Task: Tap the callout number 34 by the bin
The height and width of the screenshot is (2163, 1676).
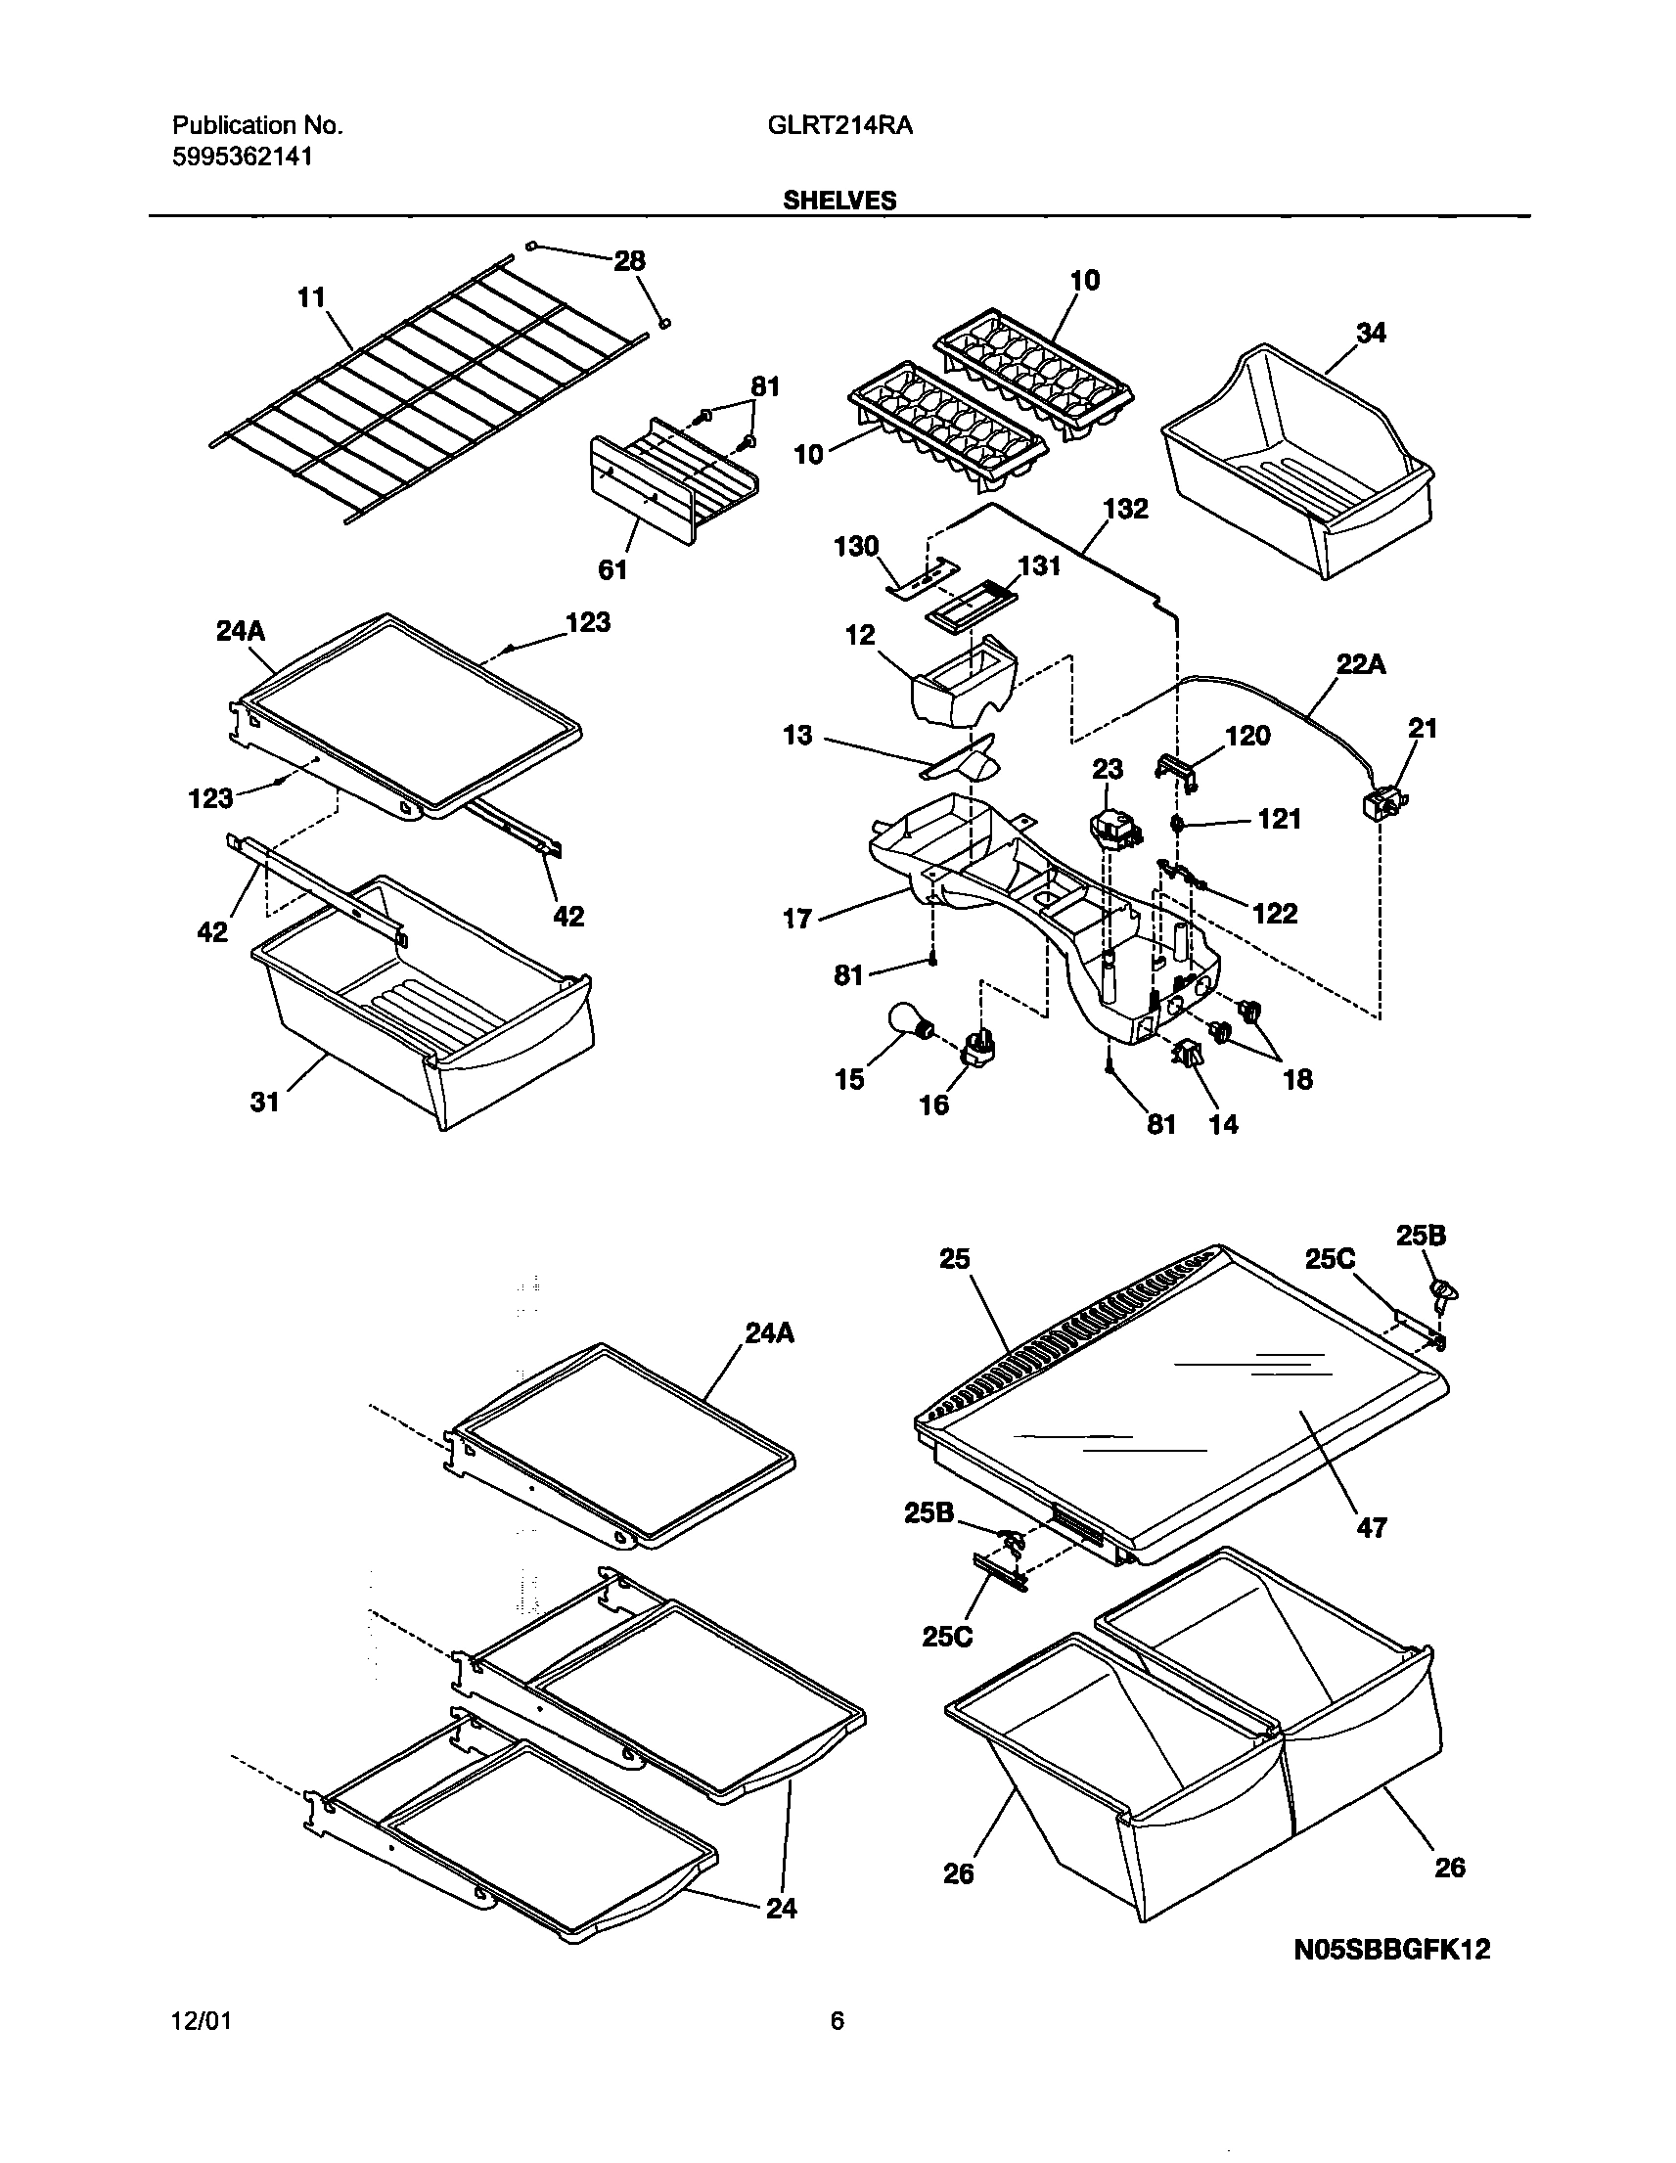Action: tap(1370, 334)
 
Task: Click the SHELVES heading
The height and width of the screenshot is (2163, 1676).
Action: tap(839, 202)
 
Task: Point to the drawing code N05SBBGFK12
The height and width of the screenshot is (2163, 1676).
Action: tap(1391, 1950)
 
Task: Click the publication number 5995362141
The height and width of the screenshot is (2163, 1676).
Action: tap(243, 157)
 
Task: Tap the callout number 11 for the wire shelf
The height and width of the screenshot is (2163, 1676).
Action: tap(311, 297)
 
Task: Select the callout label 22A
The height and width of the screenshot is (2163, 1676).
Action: tap(1361, 664)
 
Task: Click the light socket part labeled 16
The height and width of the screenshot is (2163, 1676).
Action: tap(978, 1054)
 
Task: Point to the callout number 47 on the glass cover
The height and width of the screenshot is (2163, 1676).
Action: tap(1372, 1527)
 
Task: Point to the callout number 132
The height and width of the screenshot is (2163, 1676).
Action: tap(1126, 509)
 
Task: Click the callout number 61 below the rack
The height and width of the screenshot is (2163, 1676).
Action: tap(612, 569)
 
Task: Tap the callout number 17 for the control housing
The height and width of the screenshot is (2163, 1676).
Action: tap(797, 919)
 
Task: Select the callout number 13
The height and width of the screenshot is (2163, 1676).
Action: tap(797, 735)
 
